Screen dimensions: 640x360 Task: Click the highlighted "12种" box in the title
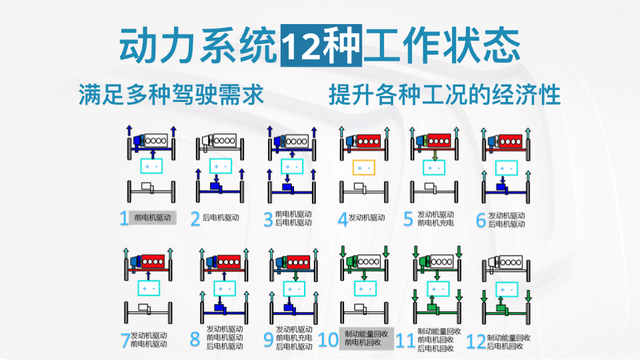click(x=321, y=45)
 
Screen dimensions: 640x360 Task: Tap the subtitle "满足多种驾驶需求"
click(x=171, y=95)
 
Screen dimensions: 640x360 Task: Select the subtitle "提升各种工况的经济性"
click(x=445, y=95)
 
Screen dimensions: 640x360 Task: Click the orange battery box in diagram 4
click(x=364, y=168)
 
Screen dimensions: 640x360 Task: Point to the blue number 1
click(x=124, y=219)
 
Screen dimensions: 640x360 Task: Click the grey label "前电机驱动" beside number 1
click(x=153, y=217)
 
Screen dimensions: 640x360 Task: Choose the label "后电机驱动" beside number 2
click(x=221, y=217)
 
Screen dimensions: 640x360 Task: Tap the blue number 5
click(x=408, y=219)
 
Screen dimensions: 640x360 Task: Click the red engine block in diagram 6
click(x=511, y=141)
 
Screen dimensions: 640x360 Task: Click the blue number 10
click(x=328, y=340)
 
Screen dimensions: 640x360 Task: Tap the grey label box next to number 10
click(x=367, y=339)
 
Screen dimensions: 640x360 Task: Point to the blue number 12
click(x=476, y=342)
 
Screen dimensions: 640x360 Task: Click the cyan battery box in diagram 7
click(x=149, y=288)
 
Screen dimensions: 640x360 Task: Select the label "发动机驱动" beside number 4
click(x=367, y=217)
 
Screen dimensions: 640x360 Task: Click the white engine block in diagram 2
click(x=225, y=141)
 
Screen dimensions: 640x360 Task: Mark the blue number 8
click(x=195, y=339)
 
